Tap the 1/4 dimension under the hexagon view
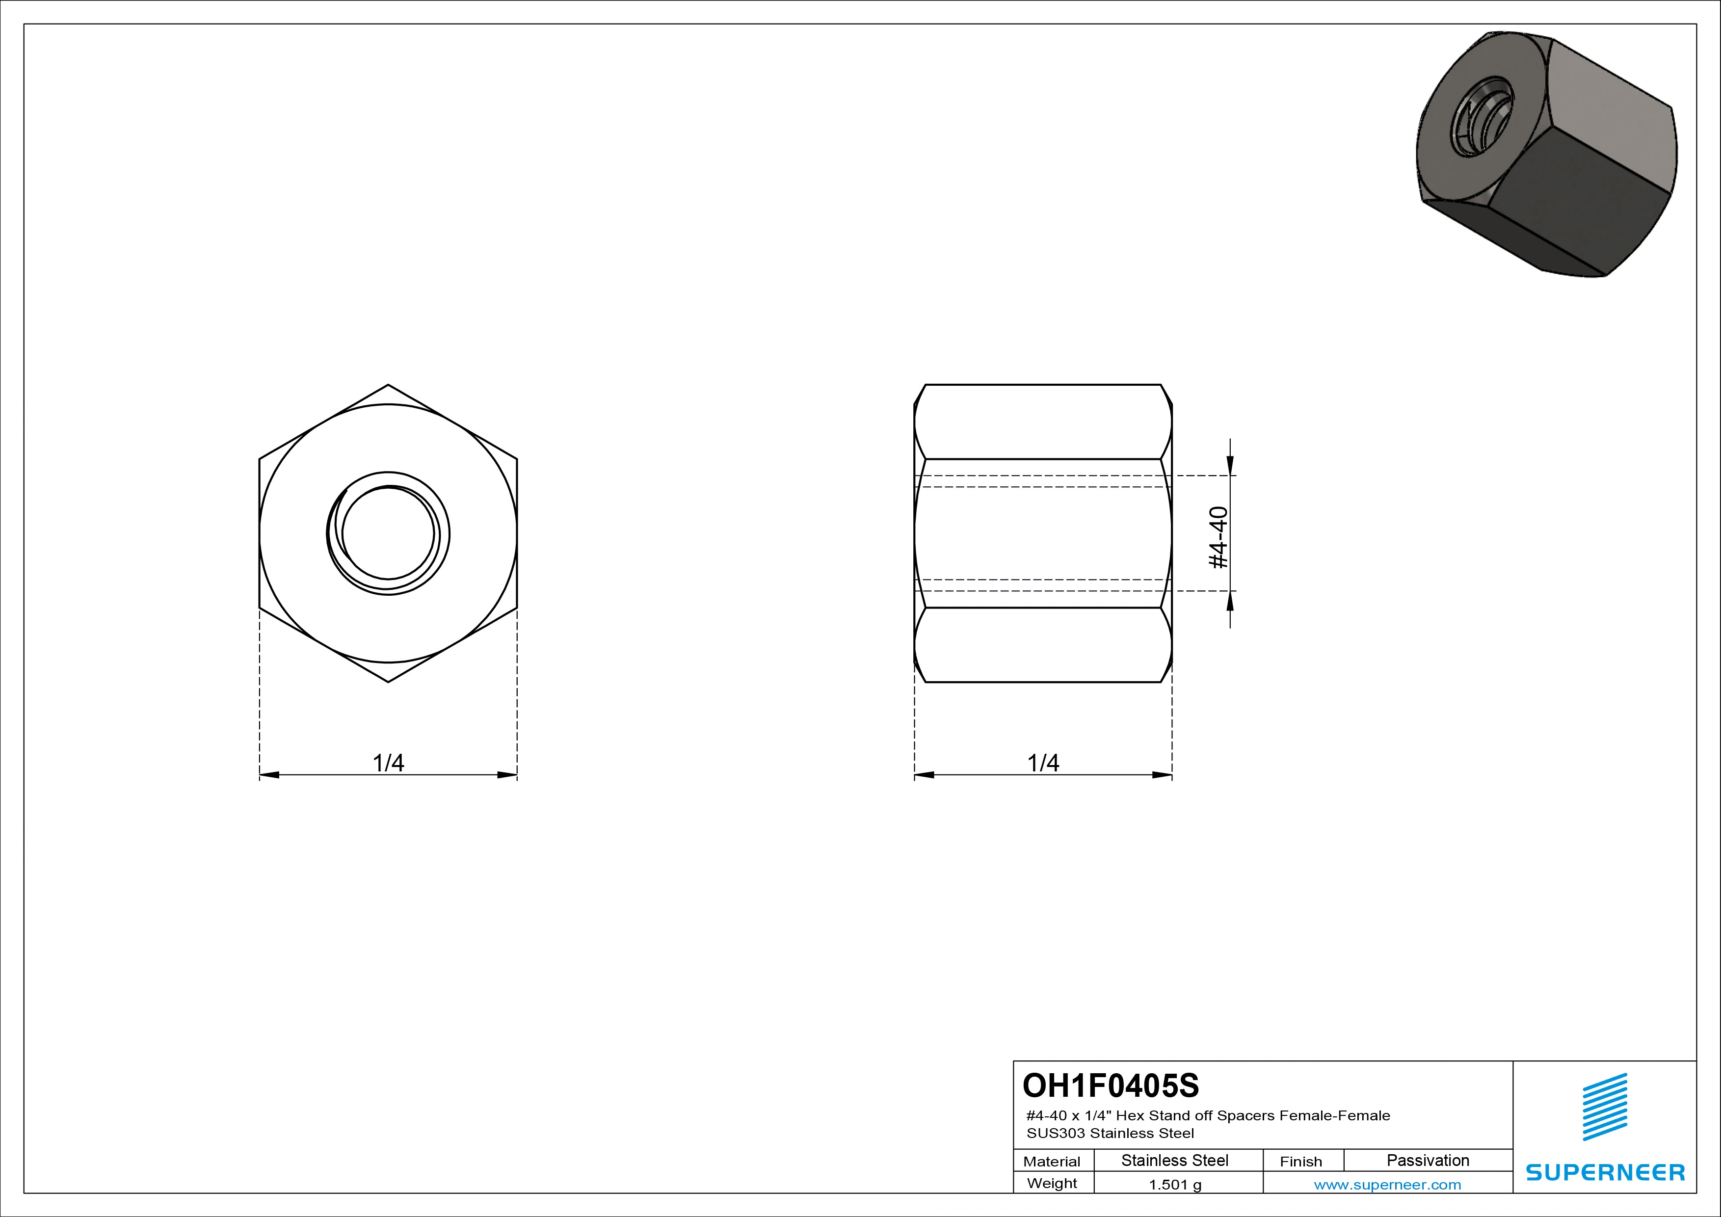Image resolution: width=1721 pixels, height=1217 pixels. (388, 763)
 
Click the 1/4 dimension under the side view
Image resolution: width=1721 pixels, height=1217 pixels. (1043, 763)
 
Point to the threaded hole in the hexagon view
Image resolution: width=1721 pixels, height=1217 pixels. (388, 533)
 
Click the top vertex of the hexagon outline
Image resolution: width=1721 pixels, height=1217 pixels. (388, 385)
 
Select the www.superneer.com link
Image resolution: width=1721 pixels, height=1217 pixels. (1387, 1185)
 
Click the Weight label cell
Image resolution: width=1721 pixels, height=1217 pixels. (1053, 1183)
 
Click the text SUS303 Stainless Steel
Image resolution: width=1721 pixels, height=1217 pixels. (1110, 1133)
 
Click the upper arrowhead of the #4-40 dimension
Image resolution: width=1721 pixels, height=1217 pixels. (1230, 466)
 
